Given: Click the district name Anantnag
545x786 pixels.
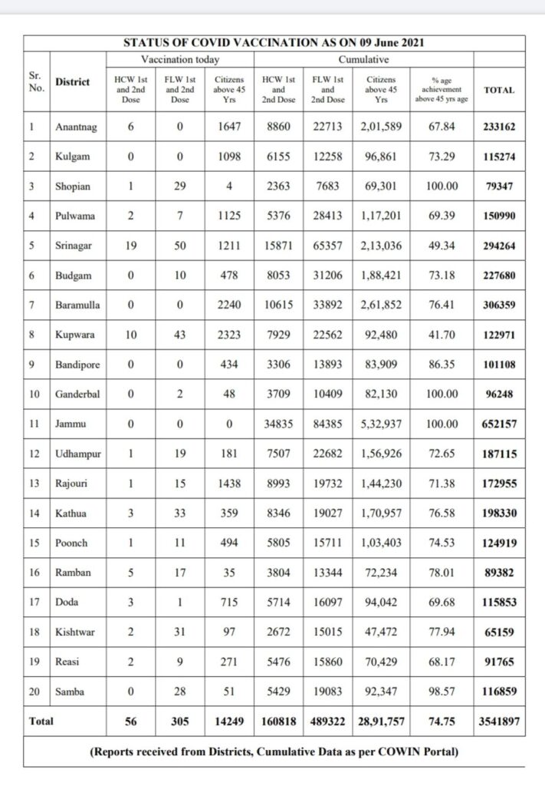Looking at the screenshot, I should [x=75, y=127].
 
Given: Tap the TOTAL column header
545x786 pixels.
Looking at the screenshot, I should [x=499, y=90].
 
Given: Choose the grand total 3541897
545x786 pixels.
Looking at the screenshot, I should [x=499, y=722].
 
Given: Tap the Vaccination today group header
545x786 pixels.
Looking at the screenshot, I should [x=180, y=59].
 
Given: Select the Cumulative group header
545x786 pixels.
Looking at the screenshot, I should [x=363, y=59].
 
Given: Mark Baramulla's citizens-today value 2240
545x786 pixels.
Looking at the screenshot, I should [x=228, y=305].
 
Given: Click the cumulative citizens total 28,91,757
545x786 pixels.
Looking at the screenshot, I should [x=381, y=722].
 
